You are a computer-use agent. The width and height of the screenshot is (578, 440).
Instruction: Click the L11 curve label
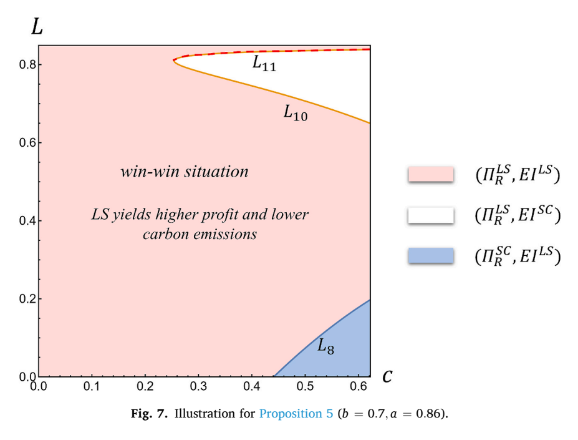pos(264,63)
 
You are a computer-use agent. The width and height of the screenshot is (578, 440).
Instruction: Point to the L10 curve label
pos(296,112)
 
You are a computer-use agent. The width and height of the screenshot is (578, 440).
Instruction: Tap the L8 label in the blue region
pos(326,346)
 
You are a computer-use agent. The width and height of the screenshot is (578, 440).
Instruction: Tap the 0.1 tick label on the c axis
pos(92,386)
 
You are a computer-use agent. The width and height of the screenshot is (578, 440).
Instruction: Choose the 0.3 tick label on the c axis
pos(198,386)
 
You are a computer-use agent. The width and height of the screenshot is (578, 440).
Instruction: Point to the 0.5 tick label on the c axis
pos(306,386)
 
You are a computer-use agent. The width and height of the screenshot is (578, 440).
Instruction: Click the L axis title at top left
pos(37,27)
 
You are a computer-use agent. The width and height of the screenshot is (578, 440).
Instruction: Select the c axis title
pos(387,376)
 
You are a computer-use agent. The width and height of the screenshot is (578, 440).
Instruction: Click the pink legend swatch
pos(431,174)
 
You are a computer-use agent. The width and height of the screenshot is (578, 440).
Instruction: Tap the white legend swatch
pos(431,215)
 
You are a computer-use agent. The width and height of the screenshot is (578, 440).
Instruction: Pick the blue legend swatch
pos(431,255)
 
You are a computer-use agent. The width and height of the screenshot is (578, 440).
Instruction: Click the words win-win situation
pos(185,172)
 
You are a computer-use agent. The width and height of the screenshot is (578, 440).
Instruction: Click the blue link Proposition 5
pos(296,413)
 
